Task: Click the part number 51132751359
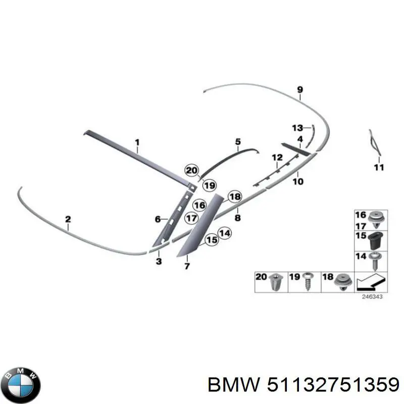coord(331,386)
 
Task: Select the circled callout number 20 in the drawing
coord(191,171)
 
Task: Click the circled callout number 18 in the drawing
coord(235,197)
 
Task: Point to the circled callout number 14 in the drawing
coord(224,233)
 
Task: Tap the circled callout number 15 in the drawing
coord(212,240)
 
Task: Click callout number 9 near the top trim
coord(300,90)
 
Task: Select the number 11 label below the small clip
coord(379,167)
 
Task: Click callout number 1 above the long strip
coord(136,143)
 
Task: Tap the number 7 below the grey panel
coord(187,266)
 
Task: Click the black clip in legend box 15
coord(374,241)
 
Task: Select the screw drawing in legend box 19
coord(308,281)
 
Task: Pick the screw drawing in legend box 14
coord(375,262)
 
